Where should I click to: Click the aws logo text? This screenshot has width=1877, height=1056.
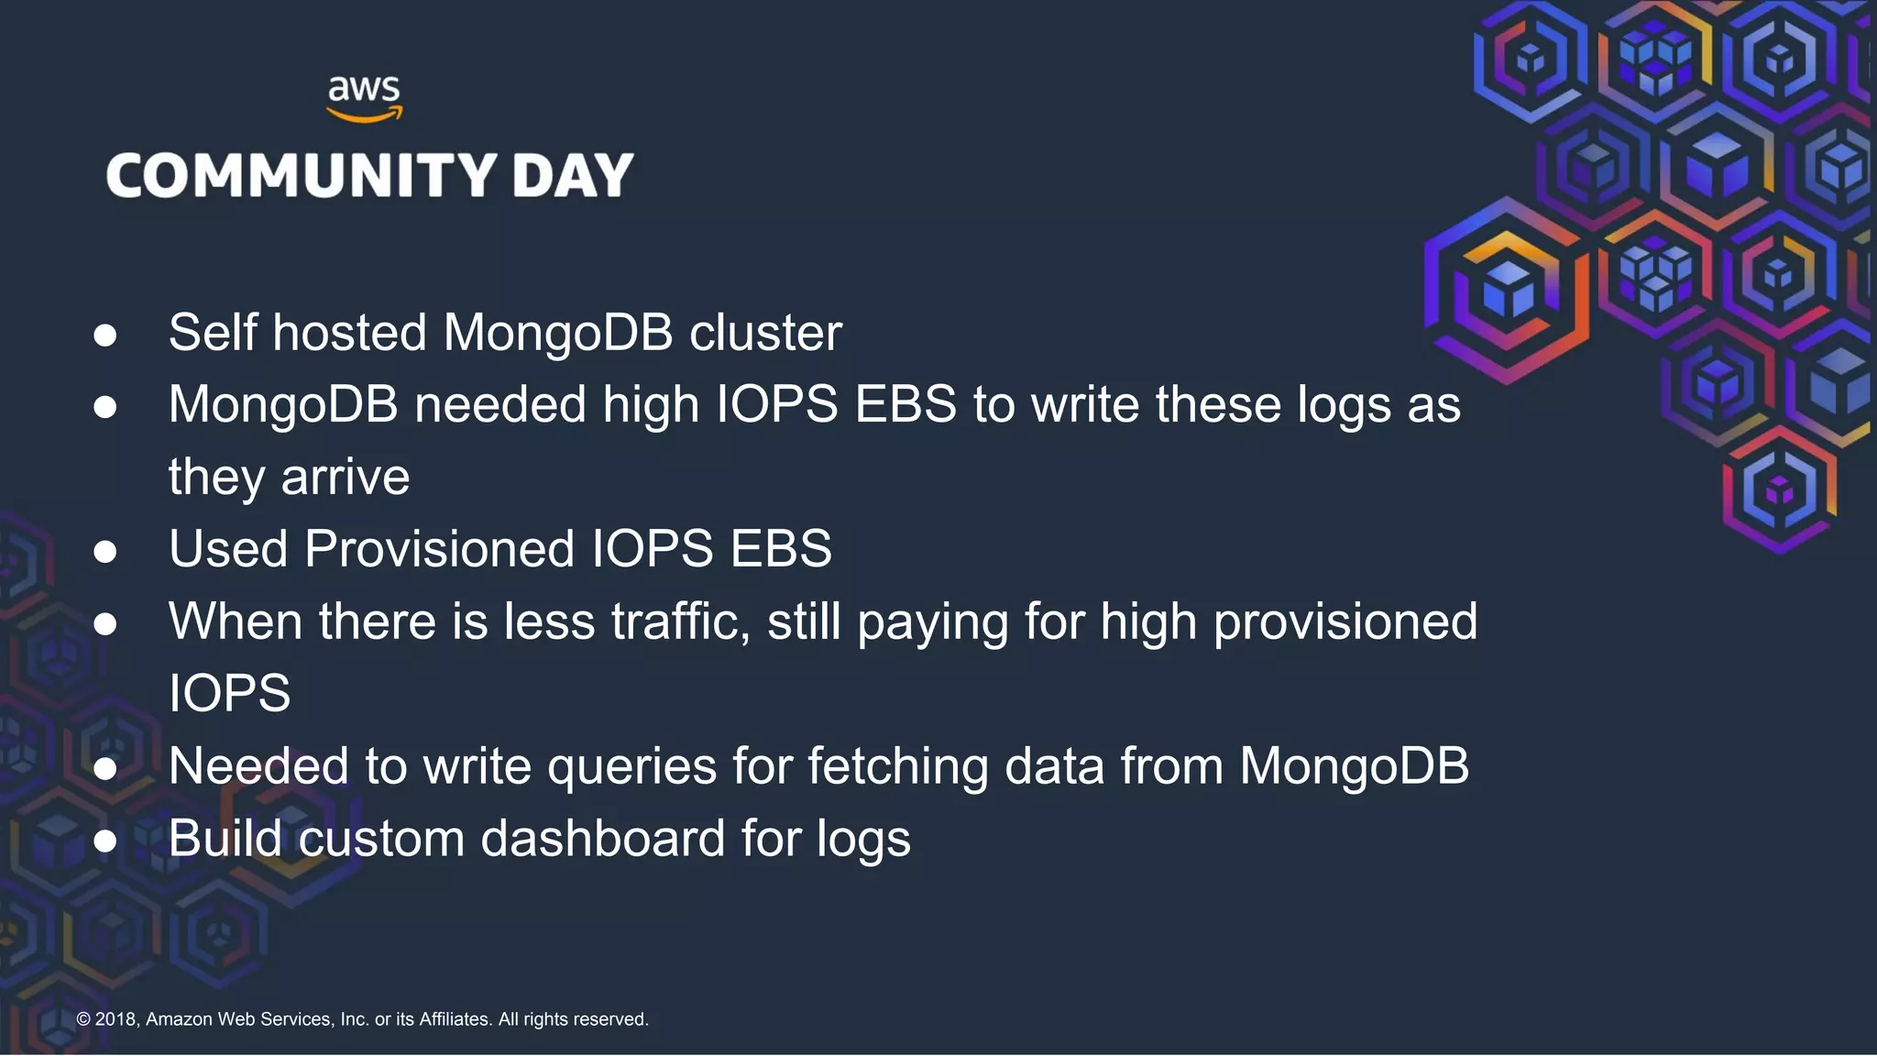[x=364, y=90]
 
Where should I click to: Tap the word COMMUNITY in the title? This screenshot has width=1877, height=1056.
[x=302, y=175]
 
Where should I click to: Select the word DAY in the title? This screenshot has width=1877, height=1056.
[x=573, y=175]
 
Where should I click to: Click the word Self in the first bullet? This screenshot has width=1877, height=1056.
[x=213, y=332]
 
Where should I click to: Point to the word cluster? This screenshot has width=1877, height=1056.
[x=765, y=332]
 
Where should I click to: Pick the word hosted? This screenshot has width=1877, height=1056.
[x=350, y=332]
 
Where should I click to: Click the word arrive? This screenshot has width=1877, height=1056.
[x=346, y=478]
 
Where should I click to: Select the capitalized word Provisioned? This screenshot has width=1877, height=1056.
[x=440, y=549]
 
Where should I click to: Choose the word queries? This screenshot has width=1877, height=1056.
[x=631, y=766]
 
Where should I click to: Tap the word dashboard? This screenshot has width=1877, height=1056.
[x=603, y=839]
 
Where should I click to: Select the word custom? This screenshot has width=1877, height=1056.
[x=381, y=839]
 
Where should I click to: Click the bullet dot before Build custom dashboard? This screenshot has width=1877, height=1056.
[x=105, y=841]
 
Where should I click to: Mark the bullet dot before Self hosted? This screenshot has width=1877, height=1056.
[x=105, y=335]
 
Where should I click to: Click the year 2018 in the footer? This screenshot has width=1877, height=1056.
[x=115, y=1019]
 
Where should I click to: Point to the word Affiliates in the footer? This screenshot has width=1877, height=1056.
[x=455, y=1019]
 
